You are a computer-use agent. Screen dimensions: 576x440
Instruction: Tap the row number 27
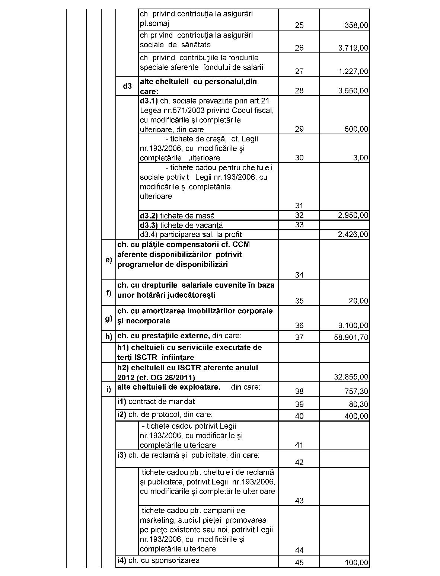pos(299,71)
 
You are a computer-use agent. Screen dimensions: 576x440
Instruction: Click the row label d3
pos(127,86)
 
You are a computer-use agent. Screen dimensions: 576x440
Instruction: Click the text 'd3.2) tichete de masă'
pos(177,216)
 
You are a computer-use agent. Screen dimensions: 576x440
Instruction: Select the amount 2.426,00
pos(353,234)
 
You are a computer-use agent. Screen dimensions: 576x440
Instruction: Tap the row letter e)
pos(109,260)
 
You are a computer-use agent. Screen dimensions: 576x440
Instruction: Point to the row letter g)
pos(109,318)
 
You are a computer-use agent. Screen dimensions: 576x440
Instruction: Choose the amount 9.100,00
pos(353,326)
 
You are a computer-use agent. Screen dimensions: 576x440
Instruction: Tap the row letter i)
pos(109,390)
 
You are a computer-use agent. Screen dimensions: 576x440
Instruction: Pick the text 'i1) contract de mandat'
pos(156,401)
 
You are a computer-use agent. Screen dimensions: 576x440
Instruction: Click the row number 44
pos(299,550)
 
